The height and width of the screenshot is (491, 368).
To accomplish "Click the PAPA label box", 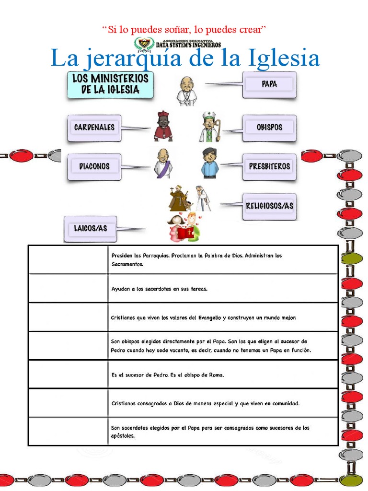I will (x=269, y=84).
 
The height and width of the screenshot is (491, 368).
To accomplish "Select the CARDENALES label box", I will (x=94, y=128).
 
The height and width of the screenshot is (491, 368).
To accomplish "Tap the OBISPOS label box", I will (x=269, y=128).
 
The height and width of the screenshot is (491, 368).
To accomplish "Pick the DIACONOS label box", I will (x=94, y=166).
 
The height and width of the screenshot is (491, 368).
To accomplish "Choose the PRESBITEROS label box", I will (x=269, y=166).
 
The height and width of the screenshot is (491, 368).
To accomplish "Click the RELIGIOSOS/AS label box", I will (x=269, y=206).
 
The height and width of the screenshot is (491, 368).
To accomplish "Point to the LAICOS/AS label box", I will (x=90, y=228).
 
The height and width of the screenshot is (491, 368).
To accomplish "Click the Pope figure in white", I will (x=186, y=91).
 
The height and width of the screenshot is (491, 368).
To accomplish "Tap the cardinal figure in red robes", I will (x=163, y=127).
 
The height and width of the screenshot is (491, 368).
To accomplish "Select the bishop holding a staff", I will (x=209, y=127).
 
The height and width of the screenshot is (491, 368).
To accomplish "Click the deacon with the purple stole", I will (x=163, y=164).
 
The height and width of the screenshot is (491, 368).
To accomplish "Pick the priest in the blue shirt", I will (x=209, y=164).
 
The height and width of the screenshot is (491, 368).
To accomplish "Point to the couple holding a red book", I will (x=184, y=228).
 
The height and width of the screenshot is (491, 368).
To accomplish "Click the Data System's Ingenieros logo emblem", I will (x=143, y=44).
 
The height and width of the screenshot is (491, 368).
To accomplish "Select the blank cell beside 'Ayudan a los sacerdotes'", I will (x=68, y=288).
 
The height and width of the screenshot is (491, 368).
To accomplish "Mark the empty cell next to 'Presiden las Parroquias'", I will (x=68, y=259).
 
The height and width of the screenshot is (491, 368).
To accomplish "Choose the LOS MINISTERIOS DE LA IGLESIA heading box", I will (x=110, y=84).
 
